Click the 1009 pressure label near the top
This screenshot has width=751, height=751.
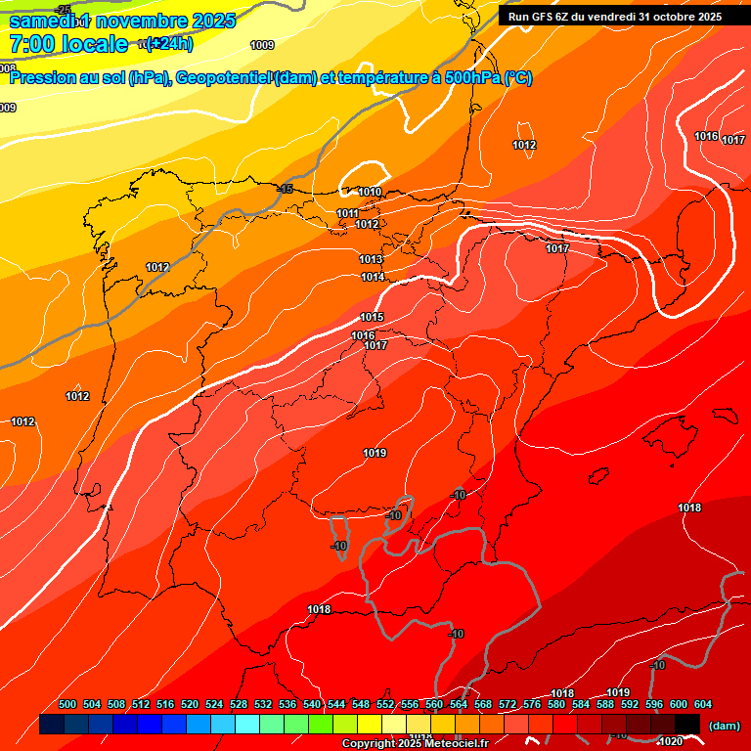(262, 45)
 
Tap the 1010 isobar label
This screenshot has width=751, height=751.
(370, 193)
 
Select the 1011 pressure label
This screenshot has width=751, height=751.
(348, 213)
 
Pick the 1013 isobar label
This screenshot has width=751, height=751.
(371, 259)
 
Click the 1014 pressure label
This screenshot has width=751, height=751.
(373, 278)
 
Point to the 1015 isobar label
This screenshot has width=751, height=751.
(372, 317)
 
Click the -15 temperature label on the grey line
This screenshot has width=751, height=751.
(285, 189)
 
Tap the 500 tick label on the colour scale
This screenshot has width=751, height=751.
(67, 705)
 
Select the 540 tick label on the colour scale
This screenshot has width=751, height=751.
(312, 705)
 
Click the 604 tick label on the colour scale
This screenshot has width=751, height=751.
(702, 705)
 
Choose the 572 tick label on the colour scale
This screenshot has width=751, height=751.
(507, 705)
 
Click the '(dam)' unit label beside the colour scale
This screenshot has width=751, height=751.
(723, 726)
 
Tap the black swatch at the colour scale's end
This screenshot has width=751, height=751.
(687, 725)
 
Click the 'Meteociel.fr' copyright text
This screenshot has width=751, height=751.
(453, 744)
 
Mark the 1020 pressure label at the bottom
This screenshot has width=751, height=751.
(671, 741)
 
